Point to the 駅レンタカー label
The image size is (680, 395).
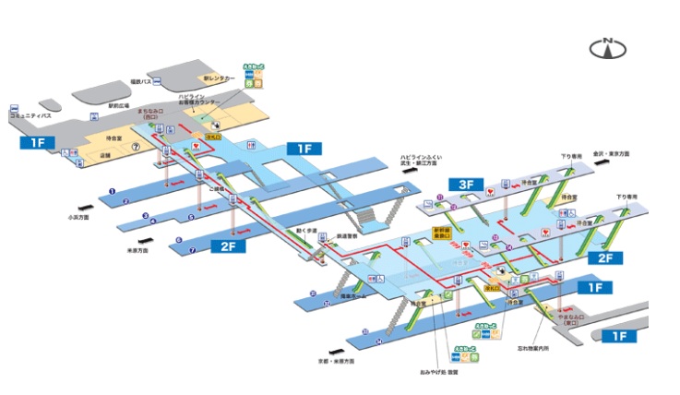coord(220,79)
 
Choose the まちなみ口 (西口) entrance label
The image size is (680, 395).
coord(150,114)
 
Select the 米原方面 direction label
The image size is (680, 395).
coord(137,250)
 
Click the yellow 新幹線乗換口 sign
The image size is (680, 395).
coord(446,233)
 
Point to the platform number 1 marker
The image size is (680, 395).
coord(112,192)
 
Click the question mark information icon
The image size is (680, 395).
coord(135,146)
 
